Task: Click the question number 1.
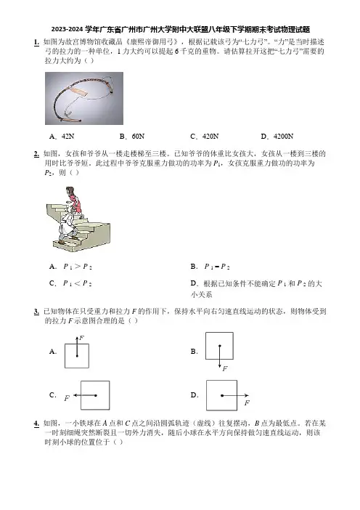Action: point(36,42)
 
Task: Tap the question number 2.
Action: point(36,154)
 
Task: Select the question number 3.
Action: point(36,312)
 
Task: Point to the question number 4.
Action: point(36,424)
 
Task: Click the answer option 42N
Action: point(68,137)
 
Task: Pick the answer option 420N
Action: point(210,137)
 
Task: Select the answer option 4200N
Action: point(283,137)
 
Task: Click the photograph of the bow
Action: point(84,99)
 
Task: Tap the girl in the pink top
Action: point(73,200)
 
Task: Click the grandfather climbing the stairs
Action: point(68,227)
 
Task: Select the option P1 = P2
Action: point(217,267)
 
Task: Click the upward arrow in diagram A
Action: point(77,347)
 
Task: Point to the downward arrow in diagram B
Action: point(220,356)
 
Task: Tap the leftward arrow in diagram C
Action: point(85,395)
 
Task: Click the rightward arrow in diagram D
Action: point(235,395)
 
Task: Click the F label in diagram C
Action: point(67,398)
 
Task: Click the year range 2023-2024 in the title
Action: point(67,30)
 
